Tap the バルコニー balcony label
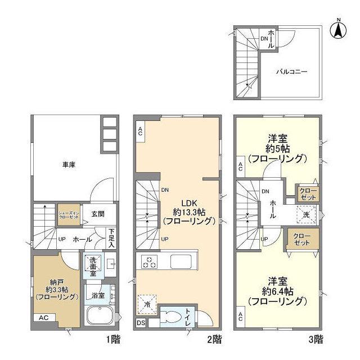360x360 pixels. (x=291, y=72)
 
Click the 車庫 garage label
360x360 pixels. (x=69, y=165)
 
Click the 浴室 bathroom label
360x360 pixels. (x=98, y=295)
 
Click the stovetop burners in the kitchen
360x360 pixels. (x=151, y=262)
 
